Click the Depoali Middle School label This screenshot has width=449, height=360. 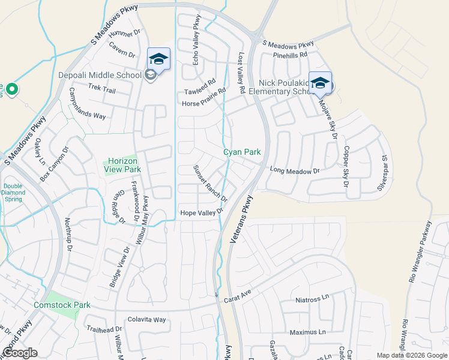pyautogui.click(x=100, y=75)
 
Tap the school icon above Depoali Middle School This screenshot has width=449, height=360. pyautogui.click(x=158, y=59)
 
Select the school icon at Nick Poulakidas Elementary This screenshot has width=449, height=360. pyautogui.click(x=320, y=83)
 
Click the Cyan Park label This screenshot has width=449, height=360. pyautogui.click(x=243, y=152)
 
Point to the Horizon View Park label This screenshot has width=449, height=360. pyautogui.click(x=123, y=166)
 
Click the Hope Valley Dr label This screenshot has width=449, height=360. pyautogui.click(x=202, y=212)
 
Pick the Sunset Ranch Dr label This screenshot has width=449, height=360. pyautogui.click(x=210, y=184)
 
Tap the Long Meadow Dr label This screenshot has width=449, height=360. pyautogui.click(x=295, y=170)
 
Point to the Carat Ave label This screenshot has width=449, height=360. pyautogui.click(x=237, y=295)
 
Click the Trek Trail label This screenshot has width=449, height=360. pyautogui.click(x=101, y=89)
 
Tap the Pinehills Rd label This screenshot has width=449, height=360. pyautogui.click(x=290, y=54)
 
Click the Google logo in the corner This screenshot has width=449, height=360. pyautogui.click(x=20, y=353)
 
